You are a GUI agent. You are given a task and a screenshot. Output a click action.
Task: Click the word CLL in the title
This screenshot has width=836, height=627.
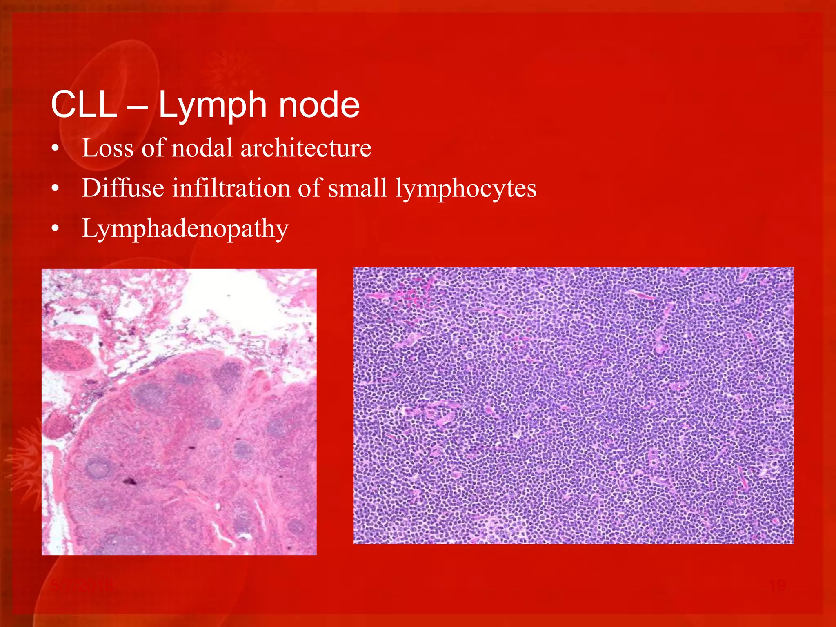point(84,105)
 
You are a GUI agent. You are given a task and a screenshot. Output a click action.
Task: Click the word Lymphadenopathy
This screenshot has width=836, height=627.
point(185,229)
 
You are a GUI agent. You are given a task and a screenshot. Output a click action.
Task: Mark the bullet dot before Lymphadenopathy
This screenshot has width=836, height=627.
point(56,229)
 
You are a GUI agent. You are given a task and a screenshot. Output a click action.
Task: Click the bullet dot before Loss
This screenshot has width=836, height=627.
point(56,149)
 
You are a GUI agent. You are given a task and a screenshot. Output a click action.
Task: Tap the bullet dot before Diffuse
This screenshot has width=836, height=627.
point(56,189)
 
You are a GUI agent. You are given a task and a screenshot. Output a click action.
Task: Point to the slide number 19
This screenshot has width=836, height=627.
point(777,585)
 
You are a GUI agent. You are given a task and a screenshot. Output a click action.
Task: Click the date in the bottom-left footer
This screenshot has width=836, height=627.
point(82,586)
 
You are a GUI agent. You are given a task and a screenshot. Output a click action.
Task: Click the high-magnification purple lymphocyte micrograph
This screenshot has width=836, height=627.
point(573,405)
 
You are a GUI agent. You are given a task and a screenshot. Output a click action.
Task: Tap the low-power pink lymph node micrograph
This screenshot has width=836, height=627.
point(179,411)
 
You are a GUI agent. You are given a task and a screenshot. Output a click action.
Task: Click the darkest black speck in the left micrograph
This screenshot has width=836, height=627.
point(130,481)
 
